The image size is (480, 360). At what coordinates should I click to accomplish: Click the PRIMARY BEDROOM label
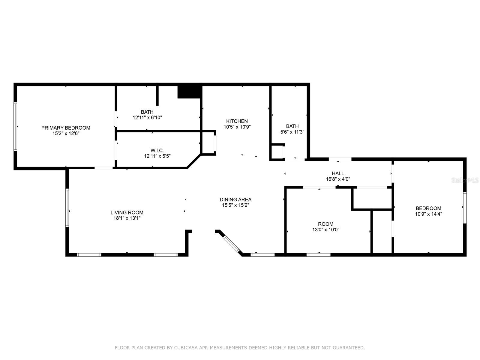(x=66, y=128)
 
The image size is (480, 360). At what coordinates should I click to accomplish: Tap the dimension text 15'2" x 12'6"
(x=66, y=133)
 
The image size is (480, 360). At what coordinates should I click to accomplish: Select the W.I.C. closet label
(x=157, y=150)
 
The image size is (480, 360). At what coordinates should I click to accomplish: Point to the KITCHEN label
(x=237, y=121)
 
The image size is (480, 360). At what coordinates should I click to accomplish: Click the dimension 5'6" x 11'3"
(x=292, y=132)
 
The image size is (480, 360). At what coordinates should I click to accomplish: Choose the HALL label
(x=338, y=173)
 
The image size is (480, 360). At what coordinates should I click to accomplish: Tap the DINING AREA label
(x=235, y=199)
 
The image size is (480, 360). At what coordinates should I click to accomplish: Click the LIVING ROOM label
(x=127, y=212)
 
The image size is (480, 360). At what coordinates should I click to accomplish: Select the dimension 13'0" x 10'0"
(x=325, y=229)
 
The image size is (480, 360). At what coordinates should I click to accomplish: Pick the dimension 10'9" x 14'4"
(x=428, y=214)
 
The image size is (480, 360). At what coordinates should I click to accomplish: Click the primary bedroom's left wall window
(x=15, y=127)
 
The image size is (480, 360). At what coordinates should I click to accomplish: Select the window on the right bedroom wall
(x=465, y=207)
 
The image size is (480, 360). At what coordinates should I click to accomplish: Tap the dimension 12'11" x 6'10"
(x=147, y=117)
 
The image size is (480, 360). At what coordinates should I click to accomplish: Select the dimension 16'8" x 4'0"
(x=338, y=179)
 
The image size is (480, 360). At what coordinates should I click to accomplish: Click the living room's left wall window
(x=67, y=207)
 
